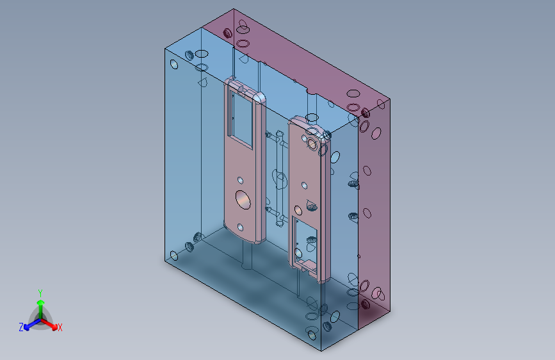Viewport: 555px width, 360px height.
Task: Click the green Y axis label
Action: click(40, 293)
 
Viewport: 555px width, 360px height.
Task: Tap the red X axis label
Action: click(60, 327)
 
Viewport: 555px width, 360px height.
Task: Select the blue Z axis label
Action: click(21, 327)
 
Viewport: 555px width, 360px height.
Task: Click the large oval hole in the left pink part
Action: click(243, 199)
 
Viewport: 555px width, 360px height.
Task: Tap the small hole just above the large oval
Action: click(240, 181)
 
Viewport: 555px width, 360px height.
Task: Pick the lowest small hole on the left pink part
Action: click(240, 227)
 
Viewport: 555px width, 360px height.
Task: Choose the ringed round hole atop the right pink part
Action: click(312, 143)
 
